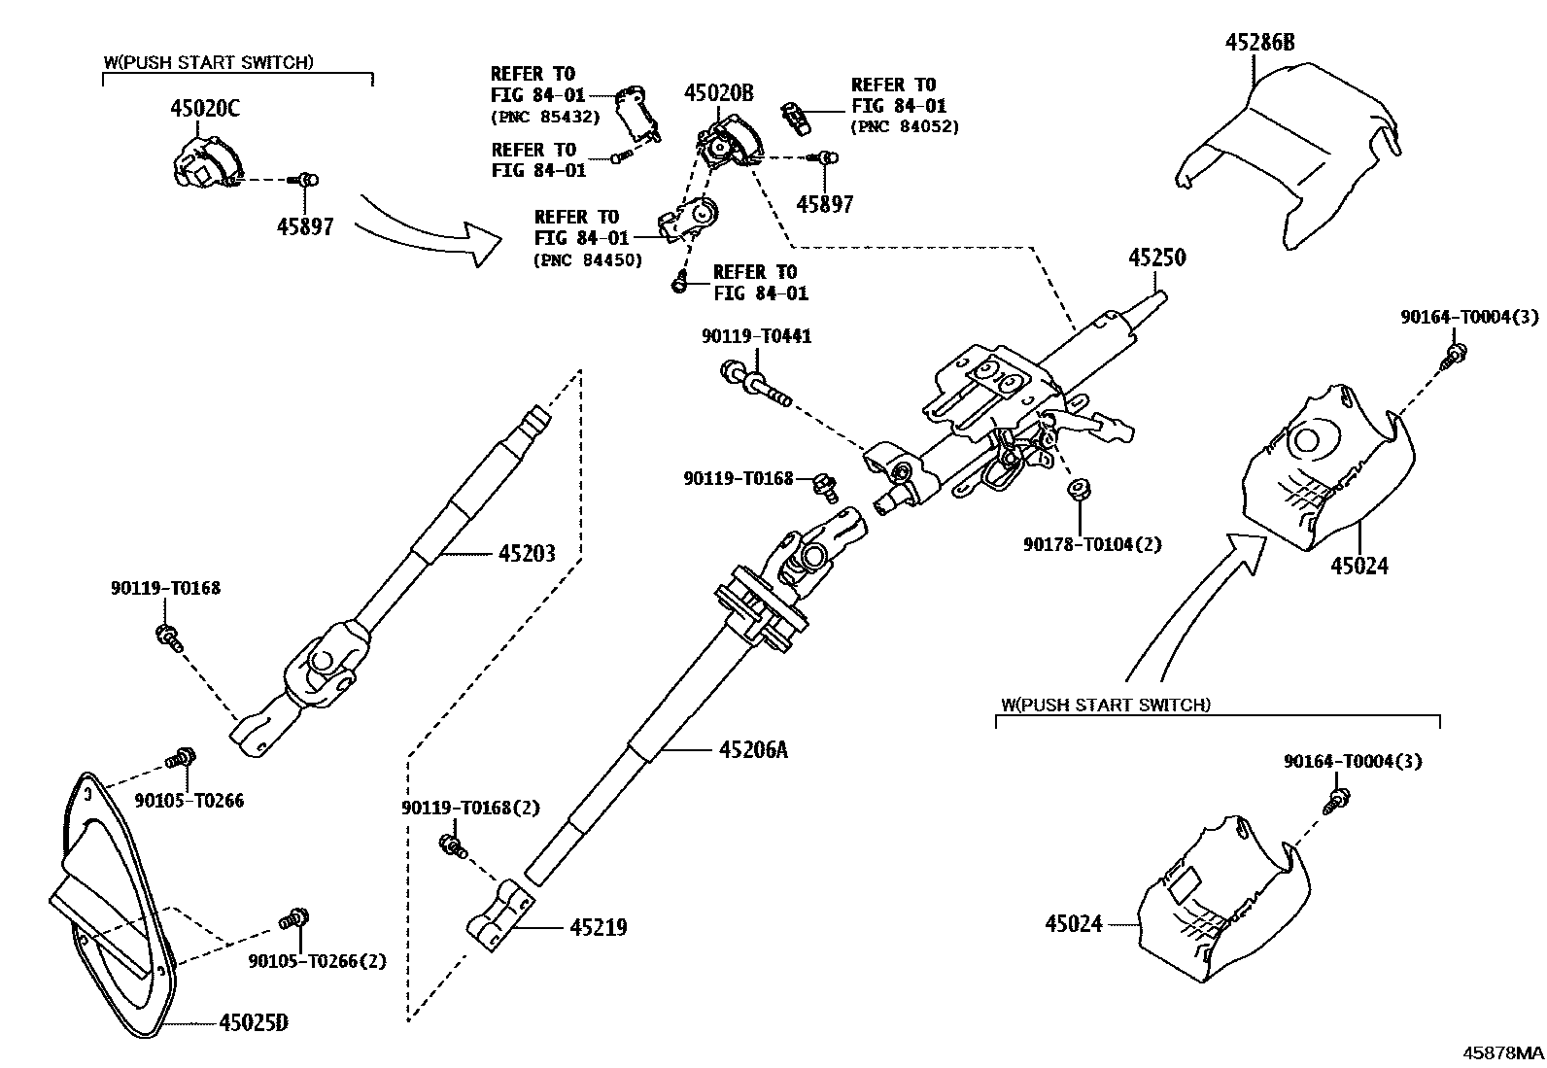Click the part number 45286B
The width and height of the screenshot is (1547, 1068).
pyautogui.click(x=1258, y=42)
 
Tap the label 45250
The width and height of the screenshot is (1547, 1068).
pyautogui.click(x=1156, y=258)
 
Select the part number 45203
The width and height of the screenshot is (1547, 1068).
pyautogui.click(x=527, y=554)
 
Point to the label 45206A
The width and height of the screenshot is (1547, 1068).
pyautogui.click(x=753, y=750)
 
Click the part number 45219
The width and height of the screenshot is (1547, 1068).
pyautogui.click(x=598, y=928)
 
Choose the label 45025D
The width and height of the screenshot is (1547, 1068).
pyautogui.click(x=254, y=1023)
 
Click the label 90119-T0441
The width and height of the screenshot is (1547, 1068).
pyautogui.click(x=756, y=336)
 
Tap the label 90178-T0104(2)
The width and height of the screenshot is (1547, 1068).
pyautogui.click(x=1091, y=544)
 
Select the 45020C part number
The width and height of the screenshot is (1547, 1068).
pyautogui.click(x=205, y=108)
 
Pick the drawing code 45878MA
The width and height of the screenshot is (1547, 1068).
pyautogui.click(x=1503, y=1052)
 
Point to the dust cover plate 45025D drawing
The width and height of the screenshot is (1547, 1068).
pyautogui.click(x=112, y=904)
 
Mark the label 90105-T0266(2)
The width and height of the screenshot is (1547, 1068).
pyautogui.click(x=317, y=961)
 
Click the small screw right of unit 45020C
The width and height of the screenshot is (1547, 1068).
pyautogui.click(x=307, y=180)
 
